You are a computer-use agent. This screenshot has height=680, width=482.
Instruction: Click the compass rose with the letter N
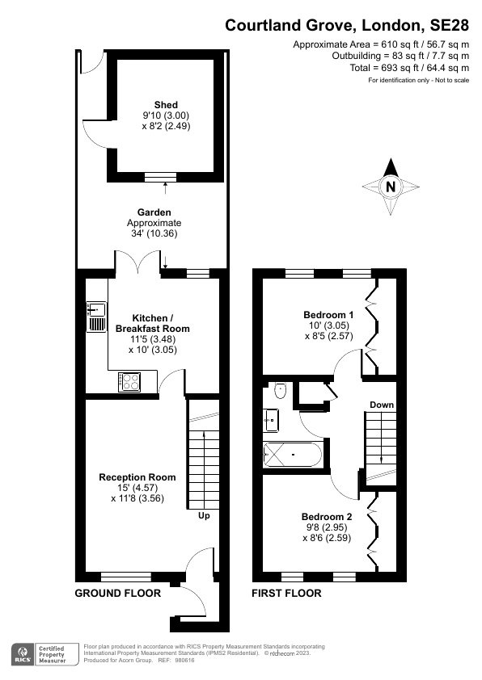click(391, 187)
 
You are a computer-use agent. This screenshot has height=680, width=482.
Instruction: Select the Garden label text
click(154, 212)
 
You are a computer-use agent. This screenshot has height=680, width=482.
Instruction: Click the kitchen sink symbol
click(96, 316)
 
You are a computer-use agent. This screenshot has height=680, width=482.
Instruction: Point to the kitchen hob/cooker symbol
click(130, 380)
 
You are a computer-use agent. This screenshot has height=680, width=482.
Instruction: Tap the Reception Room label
click(137, 477)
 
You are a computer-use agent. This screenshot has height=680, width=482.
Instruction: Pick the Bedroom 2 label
click(327, 517)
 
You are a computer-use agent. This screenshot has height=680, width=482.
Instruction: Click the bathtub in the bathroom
click(294, 455)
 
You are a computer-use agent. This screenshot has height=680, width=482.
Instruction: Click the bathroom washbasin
click(271, 419)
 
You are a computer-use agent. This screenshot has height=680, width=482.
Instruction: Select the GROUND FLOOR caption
click(117, 594)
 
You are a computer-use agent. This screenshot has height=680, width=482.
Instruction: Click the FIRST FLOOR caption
click(287, 594)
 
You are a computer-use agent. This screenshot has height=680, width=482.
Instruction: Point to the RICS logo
click(23, 653)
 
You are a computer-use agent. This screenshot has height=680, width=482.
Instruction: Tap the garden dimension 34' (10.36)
click(154, 233)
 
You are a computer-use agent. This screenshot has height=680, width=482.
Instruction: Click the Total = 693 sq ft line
click(411, 68)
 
